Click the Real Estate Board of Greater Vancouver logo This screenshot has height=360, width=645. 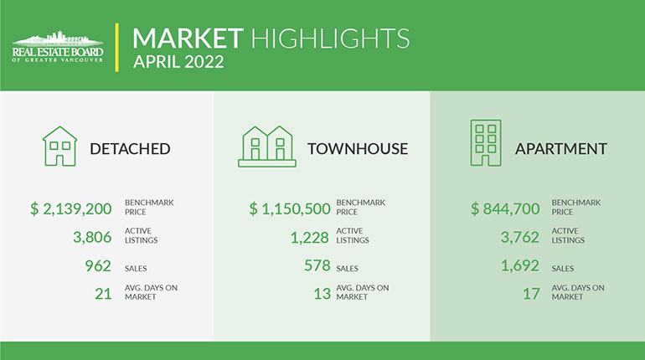[58, 46]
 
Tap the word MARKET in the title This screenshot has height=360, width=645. [188, 39]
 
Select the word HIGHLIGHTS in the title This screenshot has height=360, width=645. [330, 39]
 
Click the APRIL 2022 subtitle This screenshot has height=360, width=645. [178, 62]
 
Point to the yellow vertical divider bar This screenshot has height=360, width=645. [117, 47]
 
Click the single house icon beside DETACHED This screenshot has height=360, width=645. [60, 147]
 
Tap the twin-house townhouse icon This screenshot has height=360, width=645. [267, 147]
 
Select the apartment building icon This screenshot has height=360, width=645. [486, 143]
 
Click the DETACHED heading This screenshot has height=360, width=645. [130, 149]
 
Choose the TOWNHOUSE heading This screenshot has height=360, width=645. [358, 149]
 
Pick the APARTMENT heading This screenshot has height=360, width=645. [561, 149]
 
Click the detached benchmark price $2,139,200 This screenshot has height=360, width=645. [70, 208]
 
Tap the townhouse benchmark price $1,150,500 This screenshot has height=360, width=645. [290, 208]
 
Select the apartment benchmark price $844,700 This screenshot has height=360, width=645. [505, 208]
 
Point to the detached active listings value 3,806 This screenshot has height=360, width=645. [92, 237]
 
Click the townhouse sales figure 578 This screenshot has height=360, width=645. [317, 265]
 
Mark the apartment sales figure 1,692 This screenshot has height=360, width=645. [520, 266]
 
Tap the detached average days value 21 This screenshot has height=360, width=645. [103, 294]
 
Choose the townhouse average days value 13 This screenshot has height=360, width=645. [322, 294]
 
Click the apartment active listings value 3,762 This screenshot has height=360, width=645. [520, 237]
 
